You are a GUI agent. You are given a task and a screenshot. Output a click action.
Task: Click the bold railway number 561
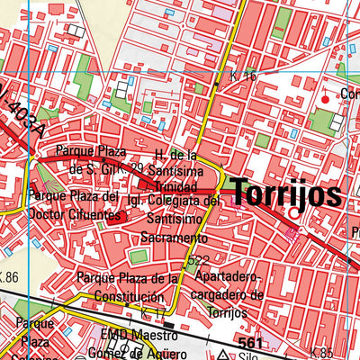tap(254, 344)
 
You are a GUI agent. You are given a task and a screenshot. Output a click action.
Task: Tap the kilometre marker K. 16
tap(242, 77)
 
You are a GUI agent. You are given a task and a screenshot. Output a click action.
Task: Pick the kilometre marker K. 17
tap(153, 312)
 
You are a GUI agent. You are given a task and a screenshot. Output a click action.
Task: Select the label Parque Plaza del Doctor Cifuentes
tap(74, 205)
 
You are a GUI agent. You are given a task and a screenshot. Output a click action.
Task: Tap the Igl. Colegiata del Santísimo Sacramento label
tap(174, 220)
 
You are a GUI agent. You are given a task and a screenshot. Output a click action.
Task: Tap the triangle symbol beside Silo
tap(213, 355)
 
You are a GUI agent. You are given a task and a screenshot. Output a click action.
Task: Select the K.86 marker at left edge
tap(9, 276)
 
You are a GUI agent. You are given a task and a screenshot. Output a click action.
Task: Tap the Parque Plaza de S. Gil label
tap(88, 159)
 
